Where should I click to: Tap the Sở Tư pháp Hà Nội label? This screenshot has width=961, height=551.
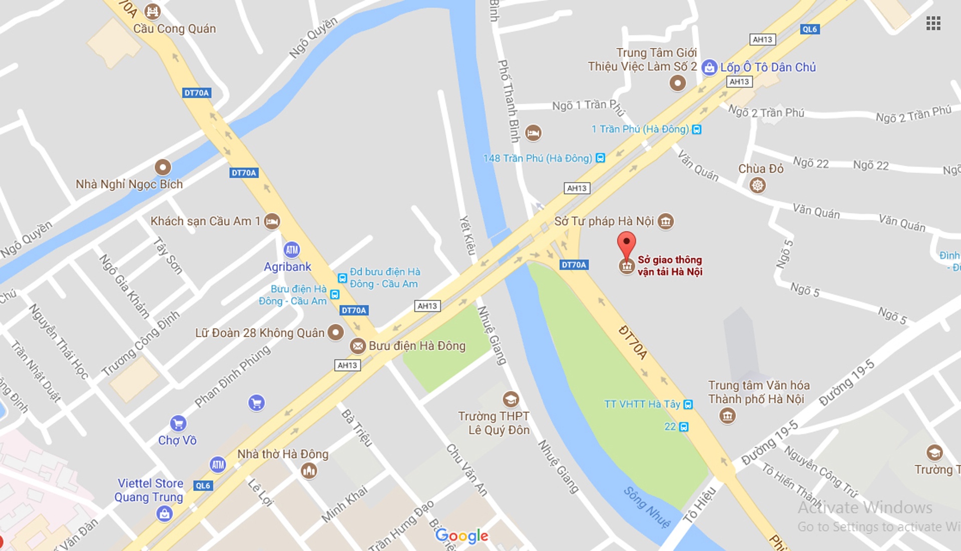[604, 221]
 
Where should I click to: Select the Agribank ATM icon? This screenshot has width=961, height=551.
[292, 249]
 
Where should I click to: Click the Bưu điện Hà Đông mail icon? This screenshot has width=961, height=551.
[357, 346]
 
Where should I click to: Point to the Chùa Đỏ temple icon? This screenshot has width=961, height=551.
[757, 186]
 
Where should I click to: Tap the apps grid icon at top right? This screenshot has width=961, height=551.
[933, 23]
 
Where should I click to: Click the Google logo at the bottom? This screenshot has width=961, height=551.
[461, 536]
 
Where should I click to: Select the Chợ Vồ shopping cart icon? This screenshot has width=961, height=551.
[178, 423]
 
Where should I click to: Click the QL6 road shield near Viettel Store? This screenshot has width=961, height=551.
[203, 485]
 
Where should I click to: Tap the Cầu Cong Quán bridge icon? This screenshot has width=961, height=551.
[152, 11]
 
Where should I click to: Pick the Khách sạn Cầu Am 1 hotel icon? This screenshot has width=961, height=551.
[272, 221]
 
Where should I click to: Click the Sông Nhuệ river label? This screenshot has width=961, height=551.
[647, 507]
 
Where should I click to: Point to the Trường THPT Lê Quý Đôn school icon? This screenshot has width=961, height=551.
[511, 399]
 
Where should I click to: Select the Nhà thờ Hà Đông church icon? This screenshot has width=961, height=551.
[309, 470]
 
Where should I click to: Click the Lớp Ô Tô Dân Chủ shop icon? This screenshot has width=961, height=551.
[709, 67]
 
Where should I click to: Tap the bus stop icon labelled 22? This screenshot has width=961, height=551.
[684, 427]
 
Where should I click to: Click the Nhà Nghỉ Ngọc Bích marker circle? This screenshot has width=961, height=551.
[163, 167]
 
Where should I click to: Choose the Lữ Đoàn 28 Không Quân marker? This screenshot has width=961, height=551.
[335, 332]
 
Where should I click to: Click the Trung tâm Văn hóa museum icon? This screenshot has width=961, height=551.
[727, 415]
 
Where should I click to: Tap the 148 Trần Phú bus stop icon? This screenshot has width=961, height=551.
[600, 158]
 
